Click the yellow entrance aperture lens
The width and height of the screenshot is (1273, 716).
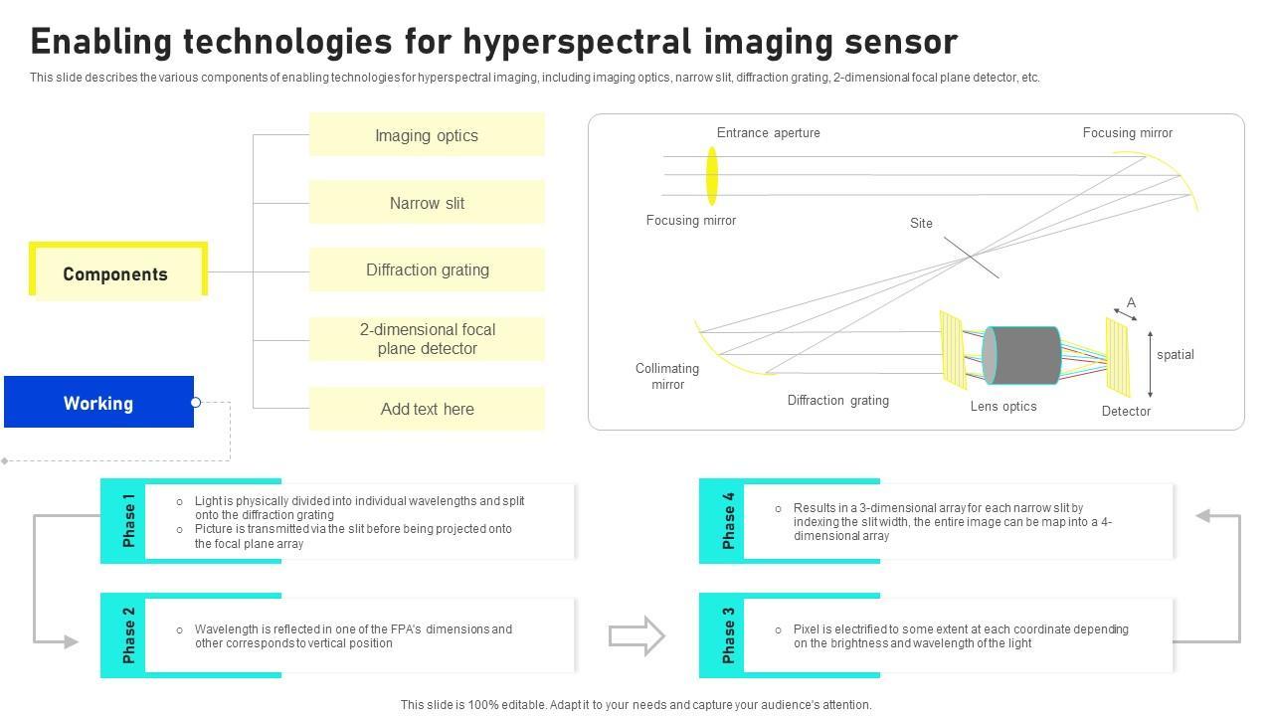712,176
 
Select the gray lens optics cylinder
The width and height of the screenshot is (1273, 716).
1021,355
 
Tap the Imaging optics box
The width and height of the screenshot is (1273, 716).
427,135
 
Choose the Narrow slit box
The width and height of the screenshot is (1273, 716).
427,203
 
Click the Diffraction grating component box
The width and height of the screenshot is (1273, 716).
427,269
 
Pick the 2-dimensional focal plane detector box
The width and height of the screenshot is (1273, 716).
427,339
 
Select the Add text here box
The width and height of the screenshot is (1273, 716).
427,409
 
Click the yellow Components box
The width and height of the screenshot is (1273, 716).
116,273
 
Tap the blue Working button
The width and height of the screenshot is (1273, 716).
98,403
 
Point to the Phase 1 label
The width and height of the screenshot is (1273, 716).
128,520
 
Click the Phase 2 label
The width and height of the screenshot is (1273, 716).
128,635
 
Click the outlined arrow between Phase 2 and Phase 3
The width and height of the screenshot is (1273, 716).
636,636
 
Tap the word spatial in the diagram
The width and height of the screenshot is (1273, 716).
1175,355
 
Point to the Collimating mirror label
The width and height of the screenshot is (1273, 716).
667,376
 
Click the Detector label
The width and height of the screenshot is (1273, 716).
1126,412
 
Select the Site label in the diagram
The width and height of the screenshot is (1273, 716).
921,224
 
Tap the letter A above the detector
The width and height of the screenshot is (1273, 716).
1131,302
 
